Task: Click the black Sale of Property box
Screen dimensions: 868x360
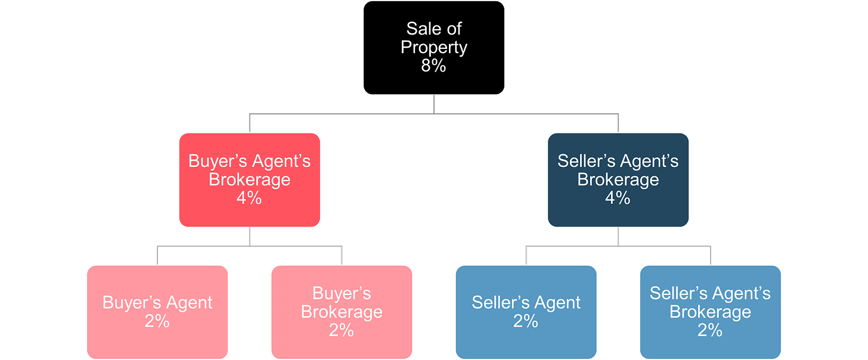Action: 433,48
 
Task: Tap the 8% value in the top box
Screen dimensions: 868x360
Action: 433,66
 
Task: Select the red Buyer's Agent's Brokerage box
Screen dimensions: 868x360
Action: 249,180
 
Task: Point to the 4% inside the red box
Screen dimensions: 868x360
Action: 249,198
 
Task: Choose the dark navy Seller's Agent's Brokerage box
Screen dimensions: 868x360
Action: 618,180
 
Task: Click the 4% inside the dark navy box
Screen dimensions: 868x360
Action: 618,198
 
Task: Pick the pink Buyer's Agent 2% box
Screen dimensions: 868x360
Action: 157,312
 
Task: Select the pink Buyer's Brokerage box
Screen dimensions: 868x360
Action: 342,312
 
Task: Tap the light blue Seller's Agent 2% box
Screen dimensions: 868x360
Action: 526,312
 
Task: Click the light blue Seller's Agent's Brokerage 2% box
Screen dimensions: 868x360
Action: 710,312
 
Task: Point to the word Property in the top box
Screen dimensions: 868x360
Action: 433,47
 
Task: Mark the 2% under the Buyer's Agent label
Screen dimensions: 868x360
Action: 157,321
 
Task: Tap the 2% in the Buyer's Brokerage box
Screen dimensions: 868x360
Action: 342,330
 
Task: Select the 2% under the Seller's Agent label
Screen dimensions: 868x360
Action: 526,321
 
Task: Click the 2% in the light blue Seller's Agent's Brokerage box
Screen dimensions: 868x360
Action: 710,330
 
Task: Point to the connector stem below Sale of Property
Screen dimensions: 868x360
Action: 433,105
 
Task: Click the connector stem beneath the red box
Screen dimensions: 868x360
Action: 249,237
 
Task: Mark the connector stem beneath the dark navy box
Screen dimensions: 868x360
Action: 618,237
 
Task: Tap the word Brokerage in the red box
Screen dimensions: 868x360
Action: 249,179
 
